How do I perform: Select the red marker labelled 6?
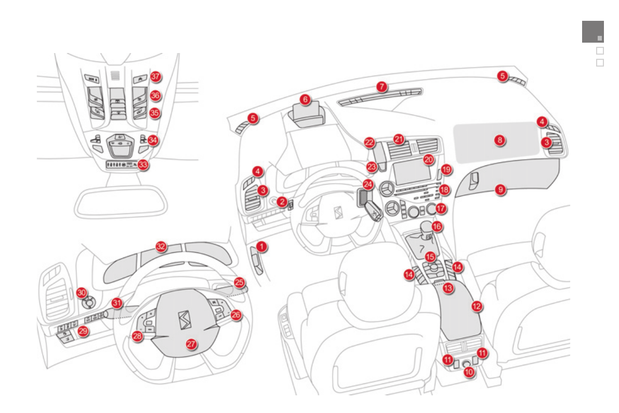click(x=305, y=99)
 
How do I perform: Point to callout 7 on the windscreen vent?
click(x=382, y=86)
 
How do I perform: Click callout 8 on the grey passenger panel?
click(x=499, y=140)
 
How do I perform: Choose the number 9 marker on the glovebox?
click(x=500, y=190)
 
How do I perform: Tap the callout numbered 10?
click(x=469, y=372)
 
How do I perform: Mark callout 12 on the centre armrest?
click(x=477, y=306)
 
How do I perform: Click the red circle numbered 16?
click(x=437, y=226)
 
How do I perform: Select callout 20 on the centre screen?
click(x=428, y=160)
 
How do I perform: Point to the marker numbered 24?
click(x=368, y=185)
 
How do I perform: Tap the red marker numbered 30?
click(x=82, y=292)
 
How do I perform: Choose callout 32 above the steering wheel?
click(x=162, y=246)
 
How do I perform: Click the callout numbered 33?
click(x=143, y=164)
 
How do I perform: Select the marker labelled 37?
click(x=155, y=76)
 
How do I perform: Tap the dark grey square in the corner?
click(x=592, y=31)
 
